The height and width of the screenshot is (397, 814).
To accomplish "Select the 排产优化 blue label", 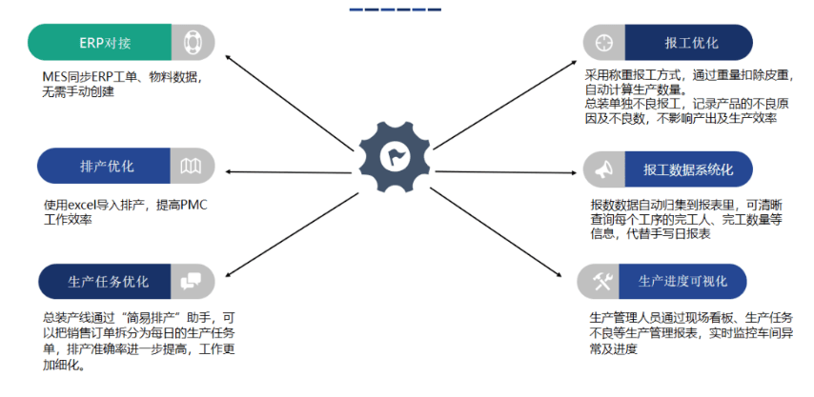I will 106,166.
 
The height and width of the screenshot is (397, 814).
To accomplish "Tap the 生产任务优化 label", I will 108,282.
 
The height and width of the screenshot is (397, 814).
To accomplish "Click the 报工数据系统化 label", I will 688,169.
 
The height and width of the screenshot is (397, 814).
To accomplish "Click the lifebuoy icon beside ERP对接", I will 193,43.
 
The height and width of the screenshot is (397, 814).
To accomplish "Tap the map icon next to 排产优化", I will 192,167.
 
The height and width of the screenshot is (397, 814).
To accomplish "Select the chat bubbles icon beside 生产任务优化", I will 192,282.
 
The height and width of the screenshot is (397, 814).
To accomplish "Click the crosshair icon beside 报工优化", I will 603,43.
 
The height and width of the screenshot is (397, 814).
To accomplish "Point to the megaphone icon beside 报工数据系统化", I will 603,169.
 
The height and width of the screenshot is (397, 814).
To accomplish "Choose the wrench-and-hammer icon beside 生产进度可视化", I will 601,281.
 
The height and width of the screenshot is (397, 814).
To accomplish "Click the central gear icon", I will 393,154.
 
